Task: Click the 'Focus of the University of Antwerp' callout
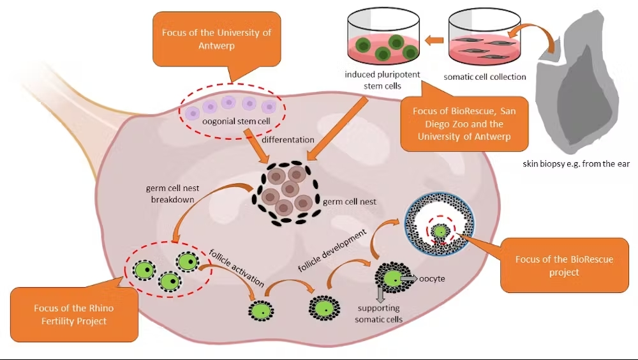(216, 39)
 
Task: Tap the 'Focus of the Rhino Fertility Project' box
(74, 315)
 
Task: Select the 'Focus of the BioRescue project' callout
(564, 266)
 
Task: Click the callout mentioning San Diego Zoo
(464, 124)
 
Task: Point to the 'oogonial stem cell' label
(237, 121)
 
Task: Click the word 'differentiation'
(288, 140)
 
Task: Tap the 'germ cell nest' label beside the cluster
(350, 202)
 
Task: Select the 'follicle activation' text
(237, 268)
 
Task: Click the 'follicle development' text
(332, 250)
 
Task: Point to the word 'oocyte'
(432, 278)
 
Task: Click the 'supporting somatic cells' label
(379, 313)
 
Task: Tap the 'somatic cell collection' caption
(485, 77)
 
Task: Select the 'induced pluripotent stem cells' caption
(382, 80)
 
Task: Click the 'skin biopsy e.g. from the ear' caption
(576, 163)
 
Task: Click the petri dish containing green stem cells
(383, 36)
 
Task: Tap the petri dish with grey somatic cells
(484, 36)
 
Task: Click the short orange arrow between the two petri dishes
(434, 40)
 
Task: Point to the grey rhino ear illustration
(578, 82)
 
